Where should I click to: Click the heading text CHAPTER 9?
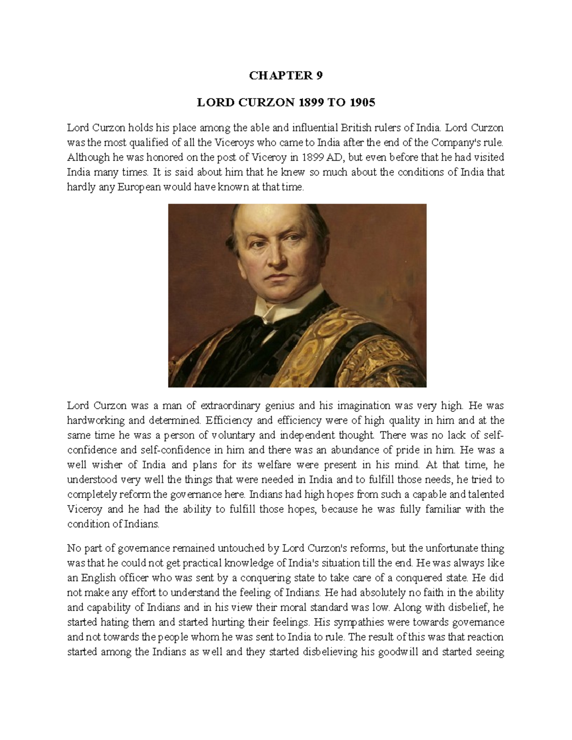pos(286,76)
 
